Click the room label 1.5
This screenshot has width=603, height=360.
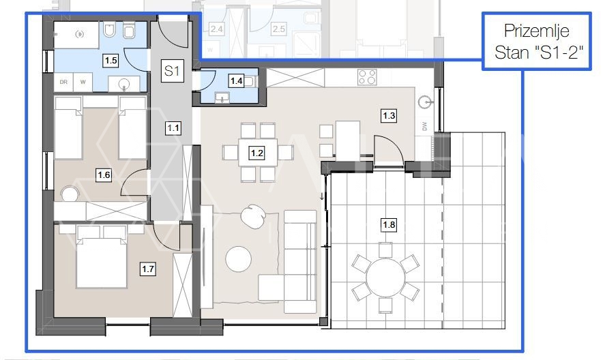[x=111, y=60]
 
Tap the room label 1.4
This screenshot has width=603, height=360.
[x=236, y=80]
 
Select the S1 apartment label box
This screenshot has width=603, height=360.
[x=172, y=71]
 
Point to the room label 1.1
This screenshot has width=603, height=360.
[x=173, y=127]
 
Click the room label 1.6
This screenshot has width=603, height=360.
[x=104, y=175]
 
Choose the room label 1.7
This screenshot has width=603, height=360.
[x=148, y=269]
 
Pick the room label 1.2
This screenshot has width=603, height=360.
[x=257, y=153]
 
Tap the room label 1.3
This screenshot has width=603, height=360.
[x=389, y=116]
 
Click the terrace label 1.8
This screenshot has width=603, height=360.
[x=389, y=224]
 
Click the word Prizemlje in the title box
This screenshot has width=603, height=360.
[x=536, y=31]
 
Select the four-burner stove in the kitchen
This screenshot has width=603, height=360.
[x=367, y=76]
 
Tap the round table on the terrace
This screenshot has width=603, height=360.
[x=385, y=277]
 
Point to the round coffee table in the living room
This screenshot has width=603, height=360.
[x=239, y=259]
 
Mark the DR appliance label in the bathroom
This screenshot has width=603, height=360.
[x=63, y=82]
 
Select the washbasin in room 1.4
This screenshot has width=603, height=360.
[x=222, y=97]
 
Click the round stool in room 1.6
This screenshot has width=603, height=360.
[x=70, y=194]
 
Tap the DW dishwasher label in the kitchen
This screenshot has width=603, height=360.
[x=424, y=126]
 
